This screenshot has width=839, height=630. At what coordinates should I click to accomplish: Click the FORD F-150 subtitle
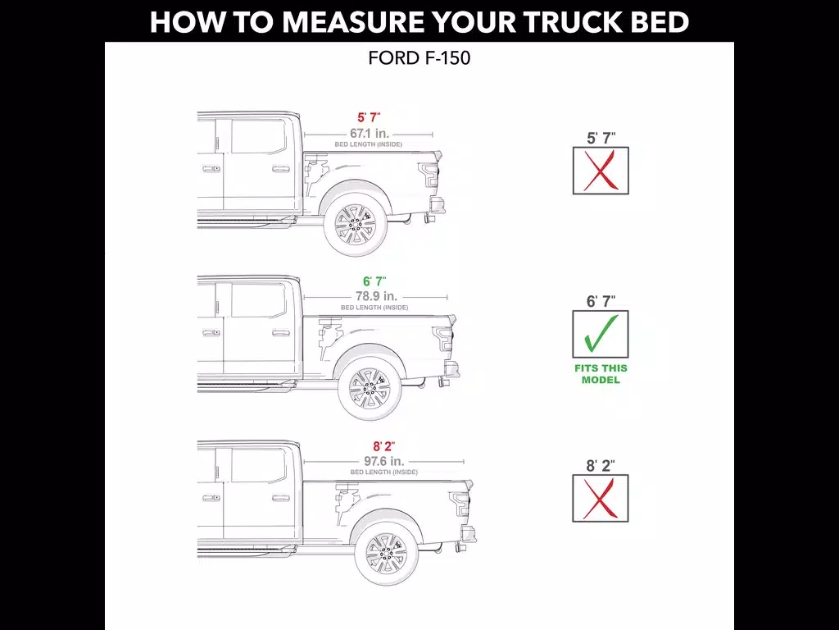(x=419, y=58)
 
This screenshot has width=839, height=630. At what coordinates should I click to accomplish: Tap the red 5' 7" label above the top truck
(x=370, y=117)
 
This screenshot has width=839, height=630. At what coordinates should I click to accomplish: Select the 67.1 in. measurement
(x=370, y=134)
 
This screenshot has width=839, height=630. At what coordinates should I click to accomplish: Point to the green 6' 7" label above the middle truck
(x=374, y=281)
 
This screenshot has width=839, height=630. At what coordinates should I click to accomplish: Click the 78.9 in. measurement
(x=376, y=296)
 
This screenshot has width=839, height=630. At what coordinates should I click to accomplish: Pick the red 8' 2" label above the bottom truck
(x=383, y=446)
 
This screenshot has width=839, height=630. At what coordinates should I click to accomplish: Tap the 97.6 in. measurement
(x=383, y=461)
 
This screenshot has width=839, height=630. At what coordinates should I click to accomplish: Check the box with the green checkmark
(x=601, y=335)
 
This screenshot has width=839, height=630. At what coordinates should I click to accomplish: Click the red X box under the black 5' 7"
(x=601, y=171)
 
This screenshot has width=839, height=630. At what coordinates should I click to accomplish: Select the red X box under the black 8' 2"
(x=601, y=498)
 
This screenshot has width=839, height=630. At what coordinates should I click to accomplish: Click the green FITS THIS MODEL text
(x=601, y=374)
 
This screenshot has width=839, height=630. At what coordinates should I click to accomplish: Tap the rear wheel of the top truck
(x=356, y=225)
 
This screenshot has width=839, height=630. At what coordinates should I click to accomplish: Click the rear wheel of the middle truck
(x=370, y=388)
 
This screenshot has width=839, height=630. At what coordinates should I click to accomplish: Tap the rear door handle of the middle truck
(x=280, y=333)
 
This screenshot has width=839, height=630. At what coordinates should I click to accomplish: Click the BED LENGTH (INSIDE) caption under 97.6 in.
(x=384, y=472)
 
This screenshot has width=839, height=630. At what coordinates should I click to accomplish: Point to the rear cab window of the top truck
(x=258, y=136)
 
